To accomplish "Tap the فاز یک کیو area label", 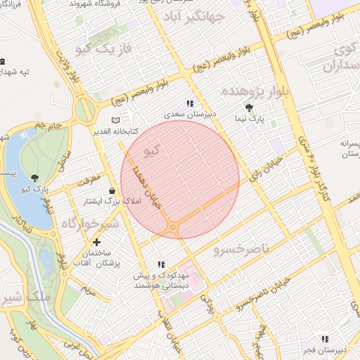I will (103, 49).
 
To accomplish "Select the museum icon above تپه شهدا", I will (4, 61).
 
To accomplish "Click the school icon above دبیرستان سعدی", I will (189, 103).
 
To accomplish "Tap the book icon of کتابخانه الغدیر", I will (116, 120).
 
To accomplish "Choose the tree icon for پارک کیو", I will (36, 177).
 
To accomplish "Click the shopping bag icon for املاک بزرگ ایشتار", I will (112, 191).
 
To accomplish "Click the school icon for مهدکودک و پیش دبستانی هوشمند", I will (161, 264).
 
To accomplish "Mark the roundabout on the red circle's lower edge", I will (172, 227).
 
